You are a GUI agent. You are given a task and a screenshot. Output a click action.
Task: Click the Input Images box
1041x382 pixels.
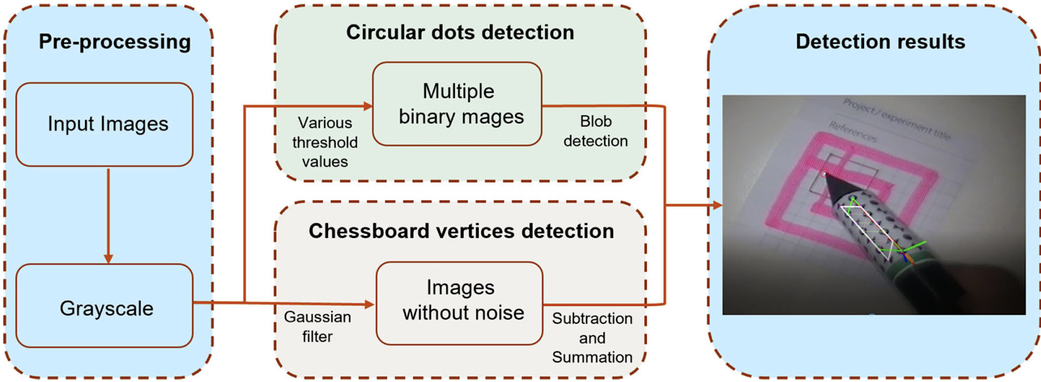pyautogui.click(x=104, y=124)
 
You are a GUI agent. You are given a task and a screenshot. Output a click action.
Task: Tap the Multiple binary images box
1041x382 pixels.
pyautogui.click(x=458, y=104)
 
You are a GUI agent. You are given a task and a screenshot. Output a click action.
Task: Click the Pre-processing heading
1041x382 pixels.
pyautogui.click(x=115, y=42)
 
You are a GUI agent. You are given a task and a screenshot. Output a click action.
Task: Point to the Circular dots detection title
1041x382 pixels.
pyautogui.click(x=460, y=32)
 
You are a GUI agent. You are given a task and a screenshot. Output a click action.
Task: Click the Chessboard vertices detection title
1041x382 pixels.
pyautogui.click(x=461, y=231)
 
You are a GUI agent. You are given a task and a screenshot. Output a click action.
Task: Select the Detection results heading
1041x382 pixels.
pyautogui.click(x=880, y=42)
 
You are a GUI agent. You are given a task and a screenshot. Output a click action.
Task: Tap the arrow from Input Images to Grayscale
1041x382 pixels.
pyautogui.click(x=108, y=215)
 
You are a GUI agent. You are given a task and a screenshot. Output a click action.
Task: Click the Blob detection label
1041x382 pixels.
pyautogui.click(x=595, y=131)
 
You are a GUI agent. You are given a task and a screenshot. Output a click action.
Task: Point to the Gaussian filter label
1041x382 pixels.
pyautogui.click(x=317, y=327)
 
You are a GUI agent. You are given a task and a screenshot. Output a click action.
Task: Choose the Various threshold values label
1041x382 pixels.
pyautogui.click(x=325, y=142)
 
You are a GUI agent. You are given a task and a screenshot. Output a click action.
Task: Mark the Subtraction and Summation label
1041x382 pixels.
pyautogui.click(x=592, y=337)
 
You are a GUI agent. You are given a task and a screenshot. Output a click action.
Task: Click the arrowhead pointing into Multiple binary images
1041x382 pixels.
pyautogui.click(x=368, y=106)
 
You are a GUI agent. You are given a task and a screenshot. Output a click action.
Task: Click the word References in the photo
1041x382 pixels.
pyautogui.click(x=853, y=132)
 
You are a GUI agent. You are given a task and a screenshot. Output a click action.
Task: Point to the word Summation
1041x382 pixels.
pyautogui.click(x=592, y=357)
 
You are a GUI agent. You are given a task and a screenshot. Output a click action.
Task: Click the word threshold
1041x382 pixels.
pyautogui.click(x=325, y=142)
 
